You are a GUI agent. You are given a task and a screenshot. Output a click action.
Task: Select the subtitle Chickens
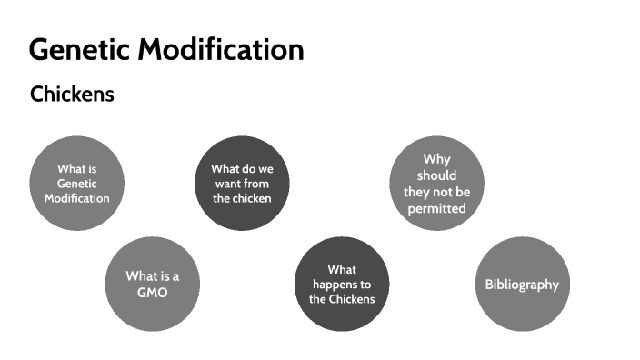click(72, 94)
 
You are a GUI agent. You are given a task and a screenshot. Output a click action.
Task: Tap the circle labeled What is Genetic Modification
click(76, 183)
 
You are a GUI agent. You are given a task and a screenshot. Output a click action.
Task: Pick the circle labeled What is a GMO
click(152, 284)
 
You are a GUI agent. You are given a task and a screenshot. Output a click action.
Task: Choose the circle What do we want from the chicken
click(242, 183)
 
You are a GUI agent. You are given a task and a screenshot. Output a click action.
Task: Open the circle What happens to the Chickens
click(342, 284)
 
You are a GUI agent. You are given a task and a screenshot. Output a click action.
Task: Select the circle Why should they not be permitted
click(436, 183)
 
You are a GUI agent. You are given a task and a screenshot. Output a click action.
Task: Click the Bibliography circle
click(523, 284)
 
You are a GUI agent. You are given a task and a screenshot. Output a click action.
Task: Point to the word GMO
click(152, 293)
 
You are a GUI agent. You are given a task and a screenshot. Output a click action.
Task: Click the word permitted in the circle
click(436, 208)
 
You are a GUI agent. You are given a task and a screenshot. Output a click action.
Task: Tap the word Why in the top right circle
click(436, 159)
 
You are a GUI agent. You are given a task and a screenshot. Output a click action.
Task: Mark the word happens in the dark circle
click(342, 285)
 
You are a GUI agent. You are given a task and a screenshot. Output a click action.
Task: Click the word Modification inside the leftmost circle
click(77, 198)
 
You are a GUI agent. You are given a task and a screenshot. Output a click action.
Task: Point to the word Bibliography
click(523, 285)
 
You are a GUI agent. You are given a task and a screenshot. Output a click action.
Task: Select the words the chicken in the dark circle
click(242, 198)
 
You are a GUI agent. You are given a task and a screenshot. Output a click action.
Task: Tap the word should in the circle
click(436, 175)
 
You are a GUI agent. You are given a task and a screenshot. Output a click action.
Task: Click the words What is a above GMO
click(152, 276)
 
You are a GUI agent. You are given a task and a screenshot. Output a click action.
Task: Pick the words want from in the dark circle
click(242, 184)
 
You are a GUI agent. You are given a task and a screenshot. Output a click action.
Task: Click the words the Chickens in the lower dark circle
click(342, 299)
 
